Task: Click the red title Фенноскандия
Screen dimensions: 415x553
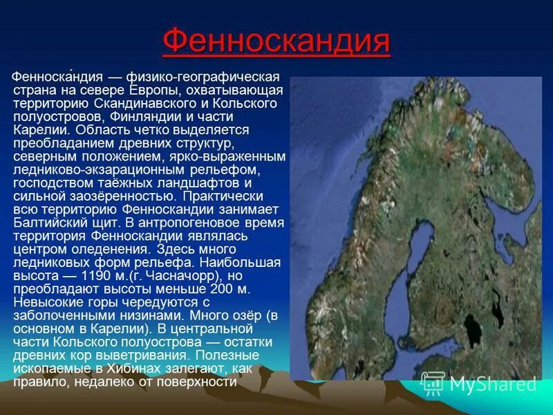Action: coord(276,43)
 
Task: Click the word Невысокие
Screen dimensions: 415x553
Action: coord(46,302)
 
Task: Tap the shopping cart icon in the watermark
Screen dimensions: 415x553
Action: coord(433,382)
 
